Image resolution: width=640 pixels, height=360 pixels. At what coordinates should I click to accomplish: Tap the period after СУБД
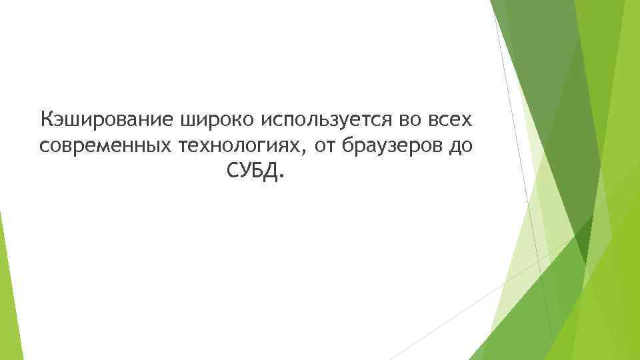click(281, 178)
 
